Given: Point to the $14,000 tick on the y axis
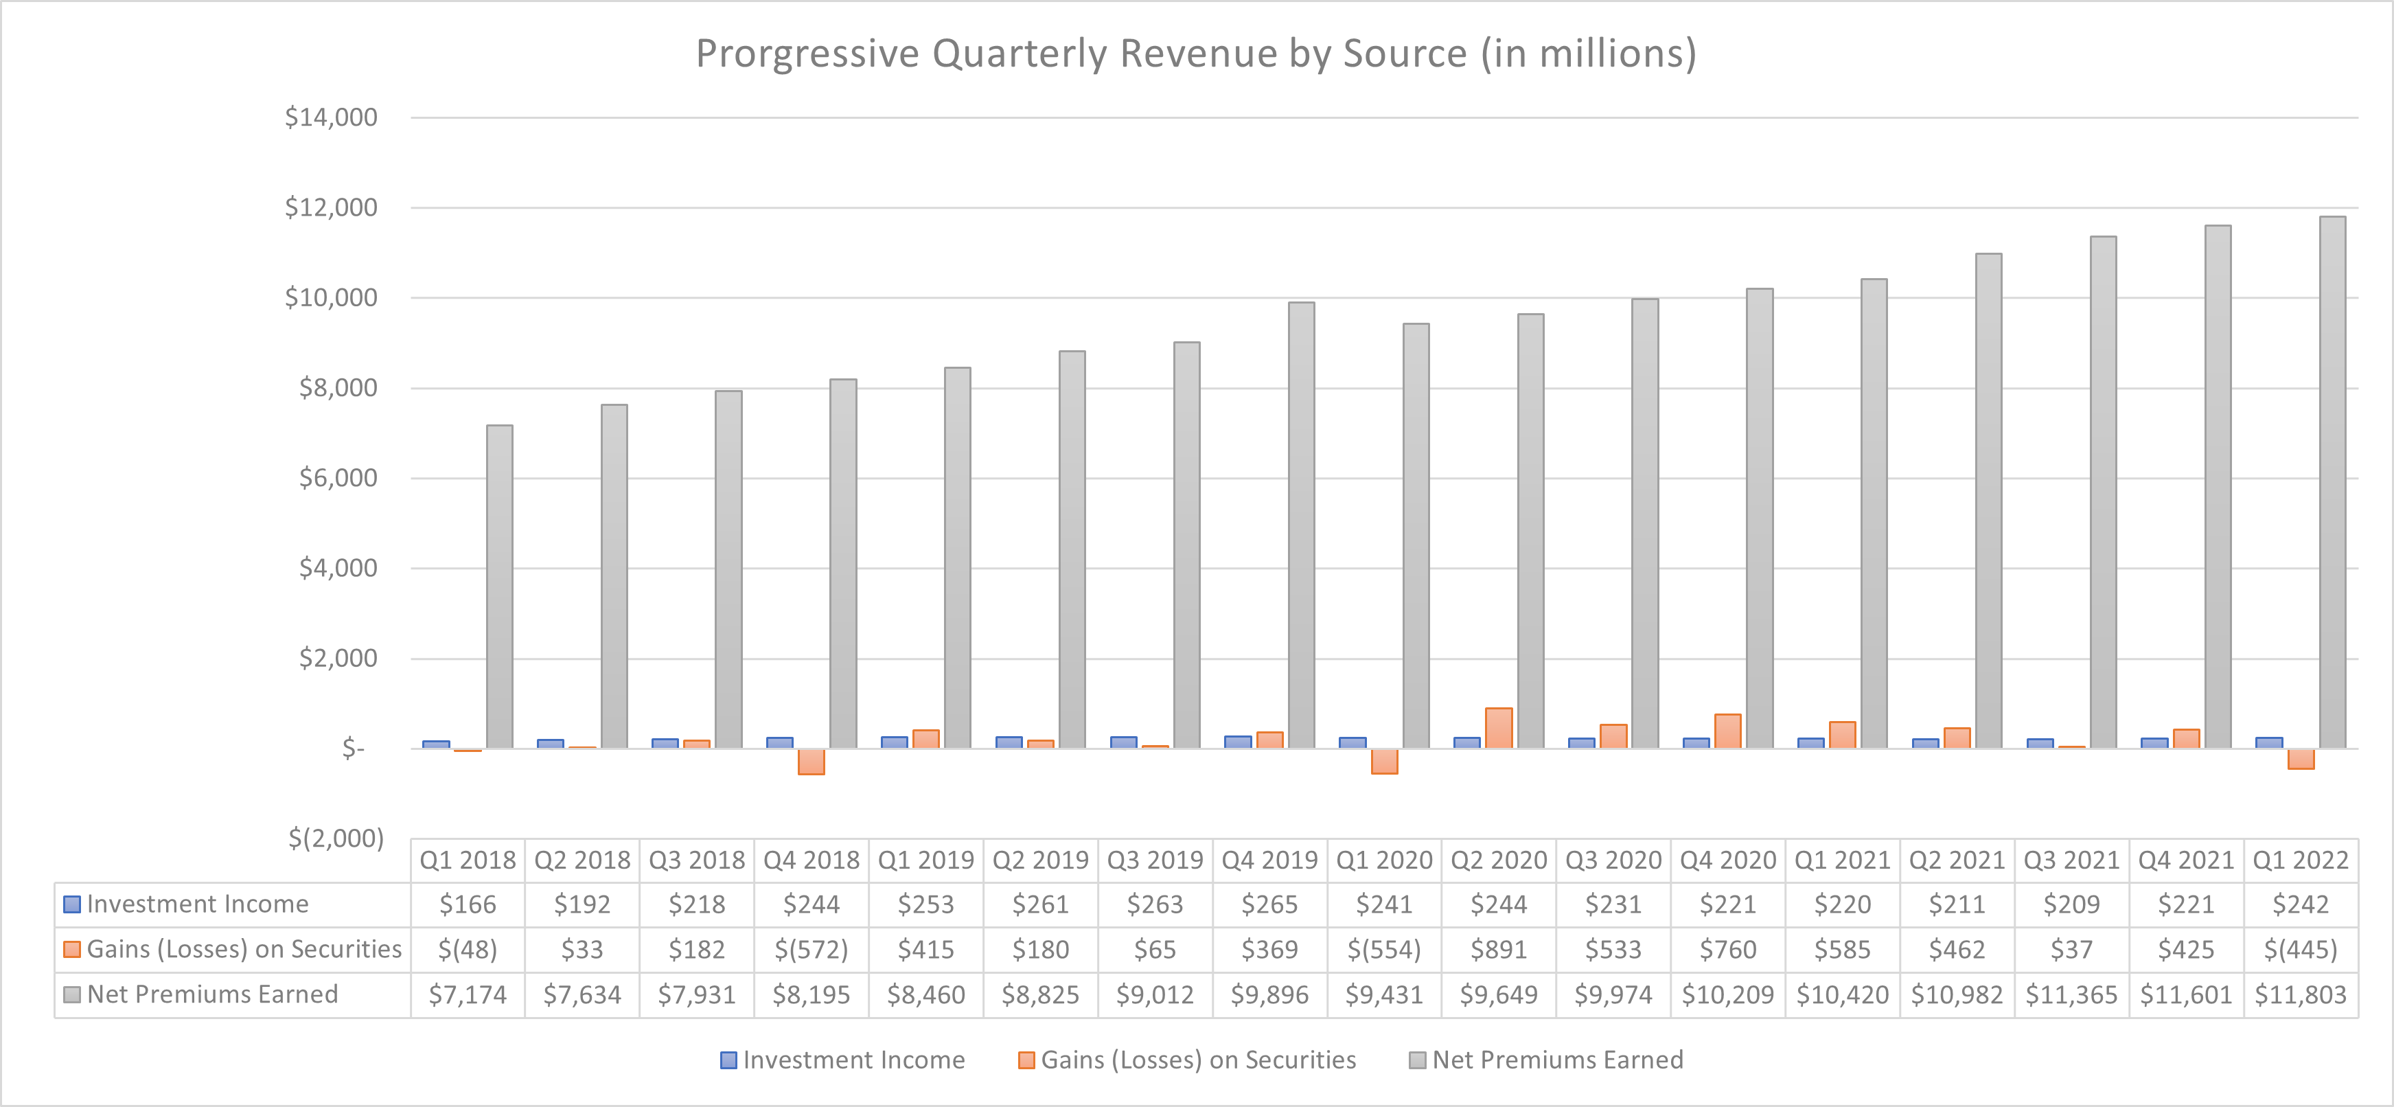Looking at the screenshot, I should point(331,117).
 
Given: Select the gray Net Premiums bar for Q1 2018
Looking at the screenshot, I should point(499,586).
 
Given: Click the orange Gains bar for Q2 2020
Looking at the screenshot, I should point(1498,728).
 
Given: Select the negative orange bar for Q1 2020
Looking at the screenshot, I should point(1384,762).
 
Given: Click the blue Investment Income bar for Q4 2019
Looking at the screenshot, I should point(1238,742).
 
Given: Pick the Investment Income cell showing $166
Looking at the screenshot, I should point(468,904).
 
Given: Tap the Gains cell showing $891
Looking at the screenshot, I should point(1498,949).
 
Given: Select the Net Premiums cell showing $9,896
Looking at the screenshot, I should point(1269,994).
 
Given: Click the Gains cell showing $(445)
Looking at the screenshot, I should point(2300,949).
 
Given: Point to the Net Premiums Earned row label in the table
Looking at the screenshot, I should point(212,994).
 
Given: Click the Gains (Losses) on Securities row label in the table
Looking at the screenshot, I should point(244,949).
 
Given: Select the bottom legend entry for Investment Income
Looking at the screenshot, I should point(843,1060).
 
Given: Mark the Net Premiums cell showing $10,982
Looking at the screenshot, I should point(1956,994).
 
